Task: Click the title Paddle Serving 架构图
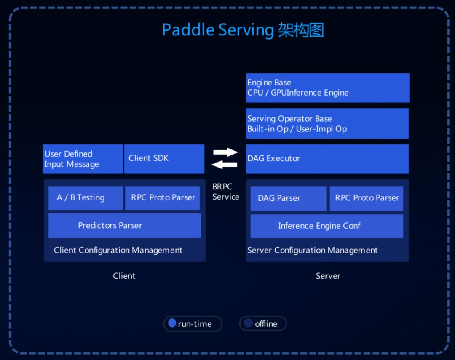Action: pyautogui.click(x=243, y=30)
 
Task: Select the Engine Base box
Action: pyautogui.click(x=328, y=88)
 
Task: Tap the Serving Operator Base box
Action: pyautogui.click(x=327, y=123)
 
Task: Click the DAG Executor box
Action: pyautogui.click(x=327, y=159)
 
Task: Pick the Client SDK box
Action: pyautogui.click(x=164, y=159)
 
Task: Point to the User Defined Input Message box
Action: pyautogui.click(x=83, y=159)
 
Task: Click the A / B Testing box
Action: pyautogui.click(x=86, y=197)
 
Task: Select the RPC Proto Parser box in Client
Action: pyautogui.click(x=163, y=197)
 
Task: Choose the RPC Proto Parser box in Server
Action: pyautogui.click(x=367, y=198)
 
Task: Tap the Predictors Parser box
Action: pyautogui.click(x=124, y=226)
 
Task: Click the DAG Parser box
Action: pyautogui.click(x=288, y=198)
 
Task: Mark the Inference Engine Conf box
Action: pyautogui.click(x=327, y=226)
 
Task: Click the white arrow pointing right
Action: pyautogui.click(x=226, y=152)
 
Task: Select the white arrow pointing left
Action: pyautogui.click(x=224, y=165)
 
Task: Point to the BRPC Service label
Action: pyautogui.click(x=225, y=192)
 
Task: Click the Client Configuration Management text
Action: pyautogui.click(x=118, y=250)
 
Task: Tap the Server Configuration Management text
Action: pyautogui.click(x=312, y=250)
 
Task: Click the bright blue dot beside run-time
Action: pyautogui.click(x=172, y=323)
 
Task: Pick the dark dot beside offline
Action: pyautogui.click(x=249, y=323)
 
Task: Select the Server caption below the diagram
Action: pyautogui.click(x=328, y=276)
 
